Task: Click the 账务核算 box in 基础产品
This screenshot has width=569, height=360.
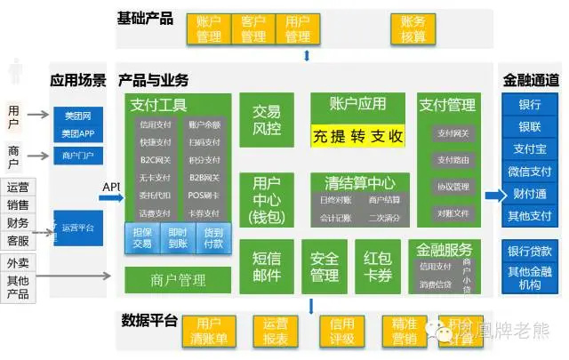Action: pyautogui.click(x=413, y=28)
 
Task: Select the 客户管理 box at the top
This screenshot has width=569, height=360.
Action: pyautogui.click(x=253, y=28)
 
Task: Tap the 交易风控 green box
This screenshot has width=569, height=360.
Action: pyautogui.click(x=266, y=121)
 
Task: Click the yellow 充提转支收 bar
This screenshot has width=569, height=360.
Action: pyautogui.click(x=357, y=137)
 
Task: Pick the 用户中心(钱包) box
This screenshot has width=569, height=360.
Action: pyautogui.click(x=266, y=200)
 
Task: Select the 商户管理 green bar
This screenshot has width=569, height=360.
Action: pyautogui.click(x=178, y=281)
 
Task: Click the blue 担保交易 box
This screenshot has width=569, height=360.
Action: pyautogui.click(x=141, y=238)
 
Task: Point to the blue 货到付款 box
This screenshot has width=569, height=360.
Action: pyautogui.click(x=213, y=238)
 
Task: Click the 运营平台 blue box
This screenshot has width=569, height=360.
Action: pyautogui.click(x=77, y=228)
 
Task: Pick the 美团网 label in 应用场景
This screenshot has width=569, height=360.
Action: pyautogui.click(x=77, y=116)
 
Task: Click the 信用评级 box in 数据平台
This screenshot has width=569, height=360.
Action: pyautogui.click(x=342, y=331)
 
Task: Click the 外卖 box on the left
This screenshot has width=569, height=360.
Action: pyautogui.click(x=18, y=263)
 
